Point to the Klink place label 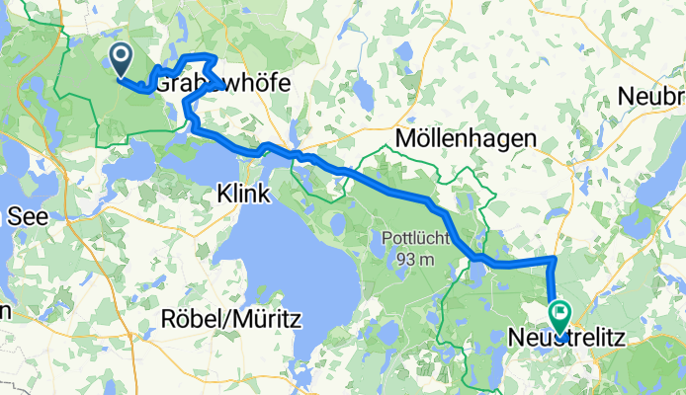coord(242,197)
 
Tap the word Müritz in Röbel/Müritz coord(267,320)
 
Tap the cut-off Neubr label coord(651,97)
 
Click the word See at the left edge coord(16,218)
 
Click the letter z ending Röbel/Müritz coord(296,320)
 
